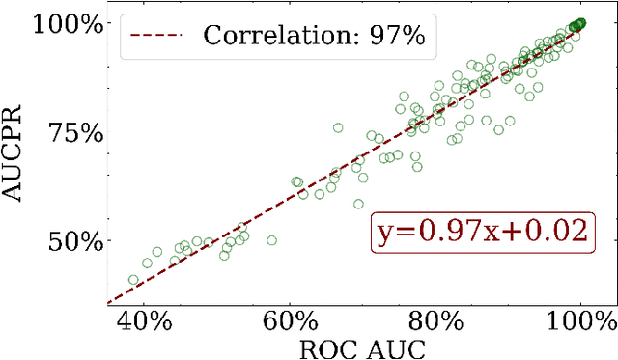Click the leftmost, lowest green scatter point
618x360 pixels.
pyautogui.click(x=133, y=280)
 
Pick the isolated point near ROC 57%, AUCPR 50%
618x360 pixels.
pyautogui.click(x=271, y=240)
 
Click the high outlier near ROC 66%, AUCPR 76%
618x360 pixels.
pyautogui.click(x=338, y=127)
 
